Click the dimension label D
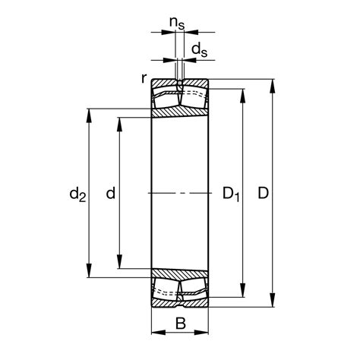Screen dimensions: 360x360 (x=263, y=194)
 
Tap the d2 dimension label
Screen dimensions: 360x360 (x=77, y=195)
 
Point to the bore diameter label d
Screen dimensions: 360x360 (x=111, y=194)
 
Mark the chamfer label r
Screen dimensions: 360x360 (x=144, y=77)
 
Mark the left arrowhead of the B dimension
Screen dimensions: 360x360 (x=156, y=333)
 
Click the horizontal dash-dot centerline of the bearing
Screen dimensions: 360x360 (x=180, y=193)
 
